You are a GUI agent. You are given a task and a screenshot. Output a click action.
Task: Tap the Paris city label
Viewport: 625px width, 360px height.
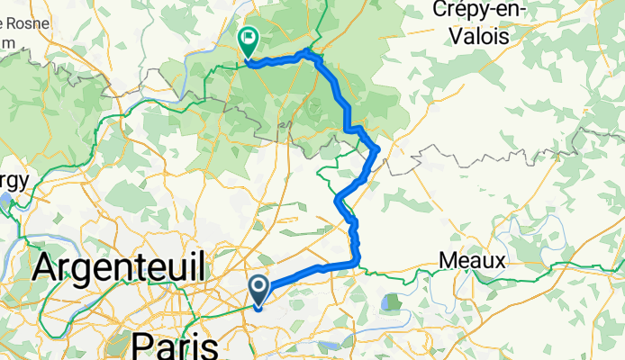[176, 346]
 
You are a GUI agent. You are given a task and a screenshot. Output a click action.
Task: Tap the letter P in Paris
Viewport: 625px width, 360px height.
[144, 346]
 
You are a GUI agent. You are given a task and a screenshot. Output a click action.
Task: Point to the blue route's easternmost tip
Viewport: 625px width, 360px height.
[377, 148]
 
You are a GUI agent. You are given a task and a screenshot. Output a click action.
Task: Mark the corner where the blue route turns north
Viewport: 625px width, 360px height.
[359, 263]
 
